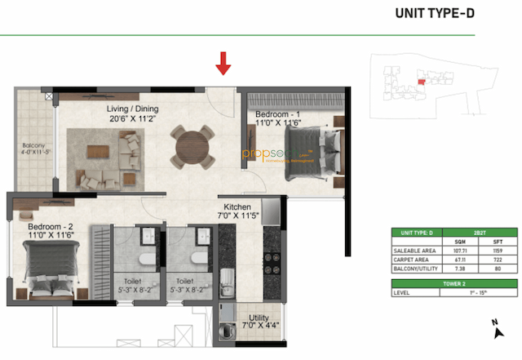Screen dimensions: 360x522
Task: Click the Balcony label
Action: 33,149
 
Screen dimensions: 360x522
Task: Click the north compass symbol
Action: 496,328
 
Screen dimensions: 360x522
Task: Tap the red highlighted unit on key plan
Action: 422,81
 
